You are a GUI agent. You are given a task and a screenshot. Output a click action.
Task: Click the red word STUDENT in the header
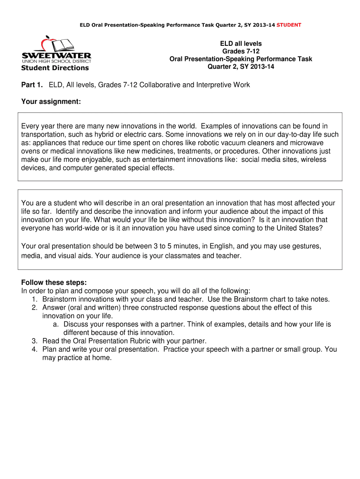(289, 25)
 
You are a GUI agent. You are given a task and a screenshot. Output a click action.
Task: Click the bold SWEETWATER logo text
(56, 55)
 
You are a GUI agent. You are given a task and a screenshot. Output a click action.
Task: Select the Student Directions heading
(55, 68)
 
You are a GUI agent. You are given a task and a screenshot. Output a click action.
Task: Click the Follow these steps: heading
(54, 283)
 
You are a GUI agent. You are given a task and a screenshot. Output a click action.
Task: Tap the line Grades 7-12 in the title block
(241, 51)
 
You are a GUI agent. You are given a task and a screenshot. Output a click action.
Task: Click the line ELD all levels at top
(241, 44)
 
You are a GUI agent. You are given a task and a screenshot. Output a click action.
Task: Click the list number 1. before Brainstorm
(35, 299)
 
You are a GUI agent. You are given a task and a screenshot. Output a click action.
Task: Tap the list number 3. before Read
(35, 341)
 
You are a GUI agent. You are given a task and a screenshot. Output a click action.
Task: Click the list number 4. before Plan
(35, 349)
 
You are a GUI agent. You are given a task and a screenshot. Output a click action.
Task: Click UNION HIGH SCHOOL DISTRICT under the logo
(56, 61)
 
